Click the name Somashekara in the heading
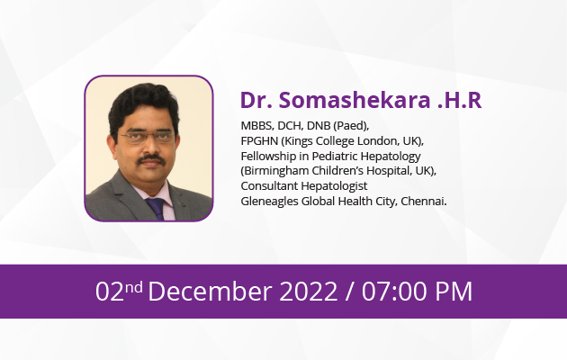pyautogui.click(x=355, y=100)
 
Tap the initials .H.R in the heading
pyautogui.click(x=460, y=100)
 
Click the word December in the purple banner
pyautogui.click(x=210, y=291)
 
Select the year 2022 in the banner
pyautogui.click(x=309, y=291)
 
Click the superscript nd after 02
pyautogui.click(x=134, y=287)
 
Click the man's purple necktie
pyautogui.click(x=157, y=208)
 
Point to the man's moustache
pyautogui.click(x=151, y=159)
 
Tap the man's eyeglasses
pyautogui.click(x=147, y=137)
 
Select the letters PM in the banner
pyautogui.click(x=454, y=291)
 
